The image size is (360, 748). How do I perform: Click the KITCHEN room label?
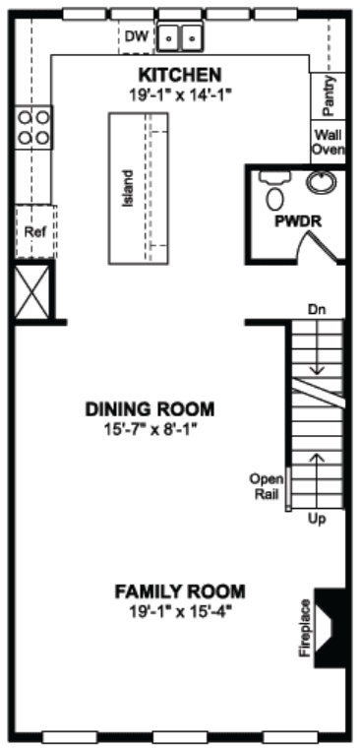pos(180,75)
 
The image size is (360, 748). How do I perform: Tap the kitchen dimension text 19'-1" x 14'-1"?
pos(180,93)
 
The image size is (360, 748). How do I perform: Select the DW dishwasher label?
pos(138,35)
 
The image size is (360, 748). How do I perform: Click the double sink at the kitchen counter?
pos(179,36)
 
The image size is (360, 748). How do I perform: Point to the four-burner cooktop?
pos(33,127)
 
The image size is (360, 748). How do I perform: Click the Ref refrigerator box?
pos(35,232)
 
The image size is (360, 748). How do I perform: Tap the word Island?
pos(127,188)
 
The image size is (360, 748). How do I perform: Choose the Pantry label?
pos(328,96)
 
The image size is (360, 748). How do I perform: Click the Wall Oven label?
pos(329,141)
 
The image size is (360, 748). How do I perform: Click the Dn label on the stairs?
pos(317,310)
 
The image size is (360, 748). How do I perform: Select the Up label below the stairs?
pos(317,519)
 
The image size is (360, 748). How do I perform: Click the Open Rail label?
pos(267,486)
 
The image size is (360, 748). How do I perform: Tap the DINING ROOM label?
pos(150,409)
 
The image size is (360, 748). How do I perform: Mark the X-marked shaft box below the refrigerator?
pos(32,291)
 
